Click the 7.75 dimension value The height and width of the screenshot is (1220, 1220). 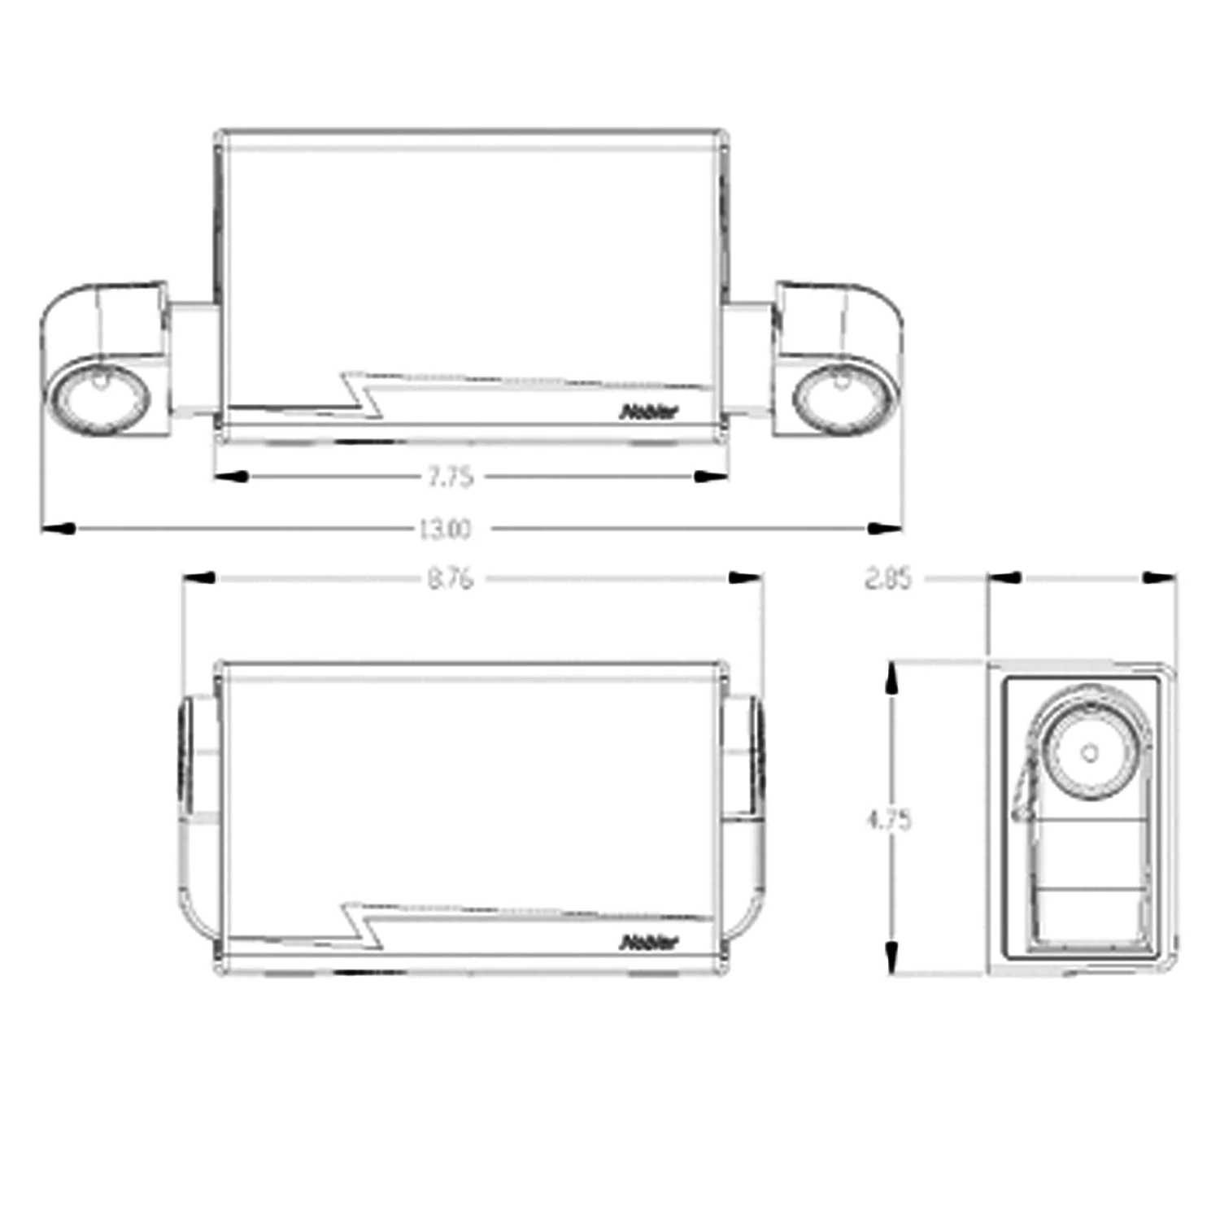(x=451, y=477)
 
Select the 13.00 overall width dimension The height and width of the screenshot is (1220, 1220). (x=444, y=529)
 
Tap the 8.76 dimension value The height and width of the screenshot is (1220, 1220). (x=450, y=579)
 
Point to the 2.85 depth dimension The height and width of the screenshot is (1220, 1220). (x=887, y=579)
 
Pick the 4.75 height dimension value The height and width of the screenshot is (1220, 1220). (x=889, y=820)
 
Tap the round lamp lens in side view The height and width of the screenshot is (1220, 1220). (x=1090, y=753)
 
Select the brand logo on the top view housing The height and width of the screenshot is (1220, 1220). (x=648, y=412)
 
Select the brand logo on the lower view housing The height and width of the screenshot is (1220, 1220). (x=648, y=943)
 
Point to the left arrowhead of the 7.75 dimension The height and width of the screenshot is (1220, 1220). (x=230, y=477)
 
